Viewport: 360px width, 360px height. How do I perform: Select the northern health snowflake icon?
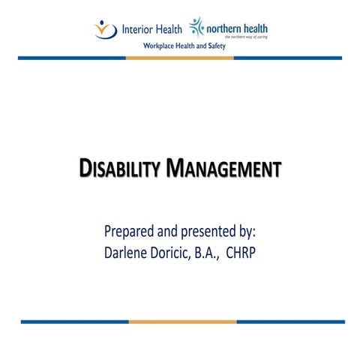[x=197, y=28]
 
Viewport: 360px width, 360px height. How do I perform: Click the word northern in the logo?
[x=225, y=28]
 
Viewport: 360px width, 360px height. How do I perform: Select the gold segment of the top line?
[x=179, y=57]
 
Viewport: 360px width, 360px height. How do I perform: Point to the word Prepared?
[x=130, y=229]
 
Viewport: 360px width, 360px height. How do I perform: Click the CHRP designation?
[x=262, y=252]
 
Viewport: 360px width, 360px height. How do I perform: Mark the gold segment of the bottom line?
[x=182, y=321]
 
